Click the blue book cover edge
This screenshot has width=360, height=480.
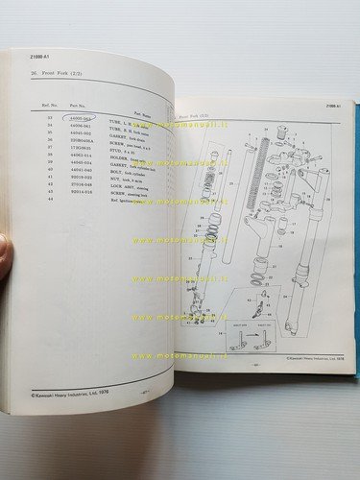(353, 240)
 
